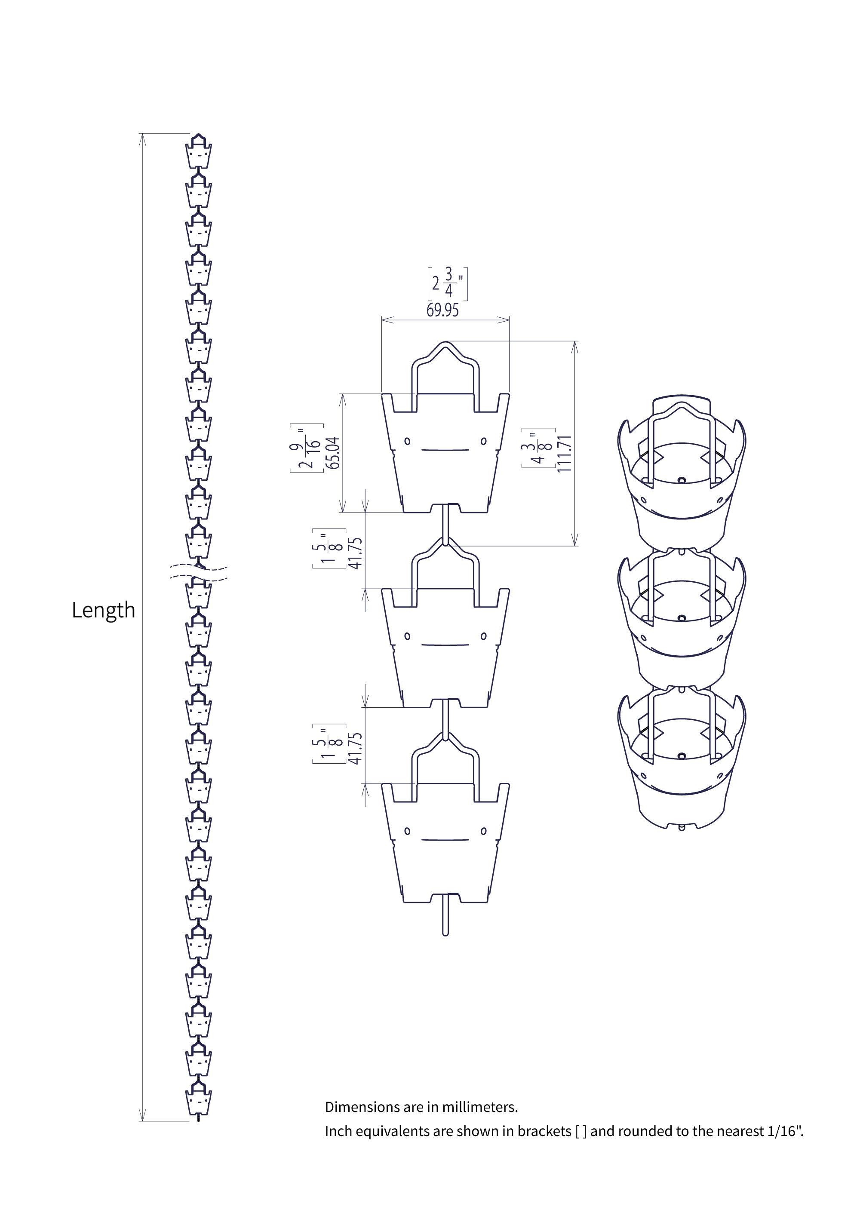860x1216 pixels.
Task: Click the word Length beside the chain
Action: click(x=103, y=611)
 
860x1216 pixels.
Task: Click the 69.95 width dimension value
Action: click(x=443, y=310)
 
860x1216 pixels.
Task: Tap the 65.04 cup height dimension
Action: click(x=332, y=452)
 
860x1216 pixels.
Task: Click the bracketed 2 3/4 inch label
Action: click(x=448, y=284)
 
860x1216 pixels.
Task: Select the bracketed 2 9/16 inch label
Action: click(x=307, y=448)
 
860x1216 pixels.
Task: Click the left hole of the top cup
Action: click(x=407, y=441)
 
